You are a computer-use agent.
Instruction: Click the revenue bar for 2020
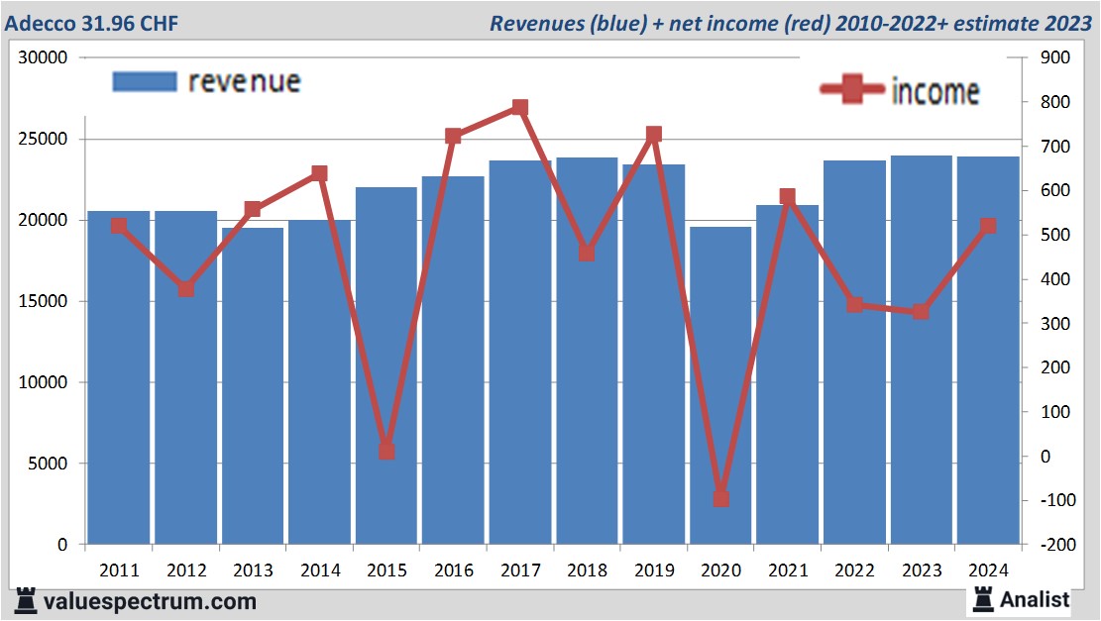(720, 386)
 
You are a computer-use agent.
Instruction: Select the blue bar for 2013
(253, 386)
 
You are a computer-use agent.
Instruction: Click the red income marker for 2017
(520, 108)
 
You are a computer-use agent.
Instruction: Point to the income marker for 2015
(386, 452)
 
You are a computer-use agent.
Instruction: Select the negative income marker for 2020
(720, 498)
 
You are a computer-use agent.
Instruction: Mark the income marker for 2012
(186, 289)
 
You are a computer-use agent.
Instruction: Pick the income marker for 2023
(921, 312)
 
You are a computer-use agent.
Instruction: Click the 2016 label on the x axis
(453, 570)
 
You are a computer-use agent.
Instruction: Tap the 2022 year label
(854, 570)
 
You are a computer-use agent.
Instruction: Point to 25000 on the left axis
(47, 139)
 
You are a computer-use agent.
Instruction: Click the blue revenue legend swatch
(144, 81)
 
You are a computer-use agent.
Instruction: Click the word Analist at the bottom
(1035, 599)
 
